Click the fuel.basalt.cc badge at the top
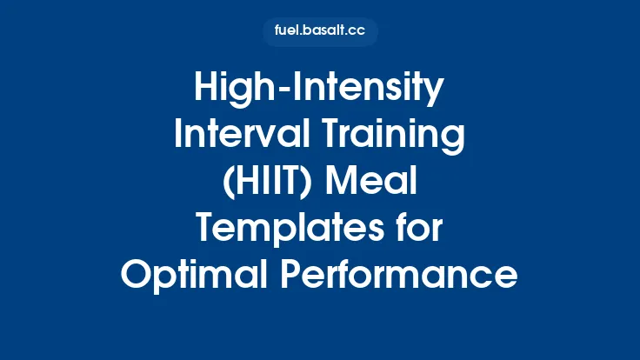click(320, 31)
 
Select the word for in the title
click(417, 229)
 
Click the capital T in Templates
click(205, 229)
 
